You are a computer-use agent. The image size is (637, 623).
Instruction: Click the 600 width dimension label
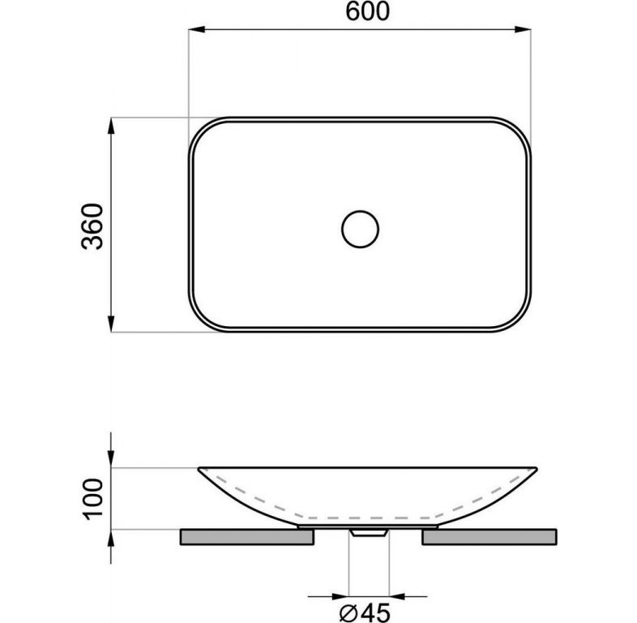[367, 11]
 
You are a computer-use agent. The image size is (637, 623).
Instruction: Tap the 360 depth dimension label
[92, 226]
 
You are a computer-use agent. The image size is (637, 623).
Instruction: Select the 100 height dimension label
[92, 499]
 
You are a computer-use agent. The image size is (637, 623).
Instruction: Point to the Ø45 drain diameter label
[365, 612]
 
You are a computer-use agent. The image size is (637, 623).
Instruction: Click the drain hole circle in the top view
[361, 229]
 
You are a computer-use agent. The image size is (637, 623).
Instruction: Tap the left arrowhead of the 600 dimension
[196, 29]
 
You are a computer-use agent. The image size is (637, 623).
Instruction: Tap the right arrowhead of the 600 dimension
[523, 29]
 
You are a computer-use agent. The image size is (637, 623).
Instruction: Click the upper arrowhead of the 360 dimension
[111, 126]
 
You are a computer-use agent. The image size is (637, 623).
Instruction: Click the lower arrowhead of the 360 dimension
[111, 324]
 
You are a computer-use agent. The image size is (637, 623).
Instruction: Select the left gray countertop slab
[247, 537]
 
